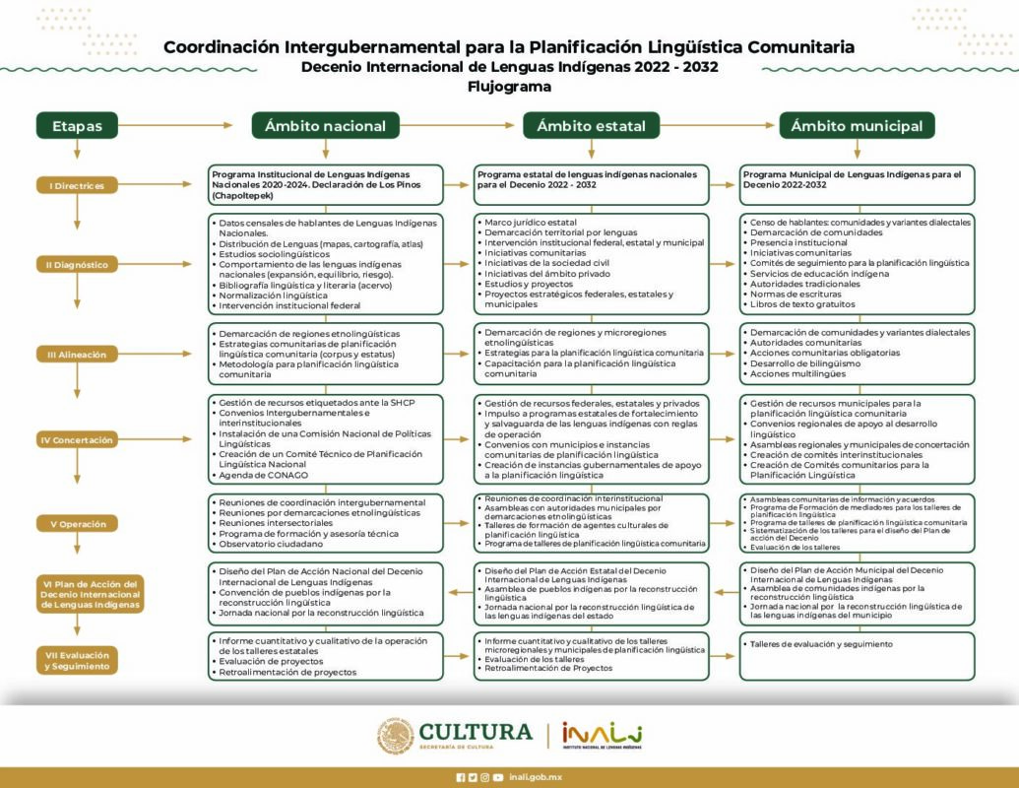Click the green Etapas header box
77,125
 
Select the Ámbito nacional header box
325,125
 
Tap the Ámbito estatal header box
591,125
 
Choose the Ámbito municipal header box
857,125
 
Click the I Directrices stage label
76,185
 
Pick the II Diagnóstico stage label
76,264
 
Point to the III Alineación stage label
76,354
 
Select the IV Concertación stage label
76,440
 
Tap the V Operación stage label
76,524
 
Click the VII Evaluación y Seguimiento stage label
76,661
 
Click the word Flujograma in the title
509,87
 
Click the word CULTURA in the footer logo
476,732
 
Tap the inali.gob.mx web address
536,777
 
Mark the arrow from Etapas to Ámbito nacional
177,125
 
